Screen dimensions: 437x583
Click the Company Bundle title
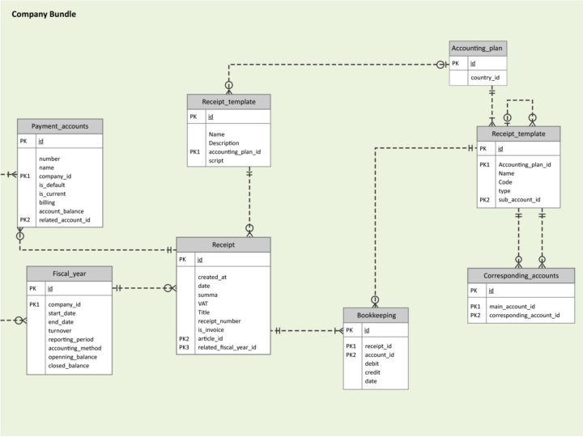45,14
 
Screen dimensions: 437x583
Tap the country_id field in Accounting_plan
485,78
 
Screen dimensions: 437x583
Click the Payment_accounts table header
60,126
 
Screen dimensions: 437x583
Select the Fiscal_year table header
69,273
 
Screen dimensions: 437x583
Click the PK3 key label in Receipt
185,347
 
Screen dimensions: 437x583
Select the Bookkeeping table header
376,315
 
